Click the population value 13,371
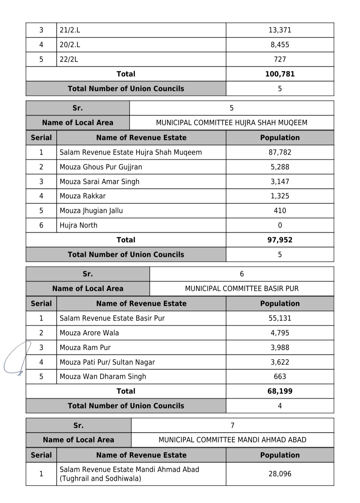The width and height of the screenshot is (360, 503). (x=280, y=30)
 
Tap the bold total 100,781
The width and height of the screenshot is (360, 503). (x=280, y=74)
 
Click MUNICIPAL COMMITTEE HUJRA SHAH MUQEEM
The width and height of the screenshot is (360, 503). (x=231, y=123)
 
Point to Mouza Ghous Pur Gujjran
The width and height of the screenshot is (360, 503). (x=101, y=167)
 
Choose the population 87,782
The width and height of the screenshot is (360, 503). (x=280, y=152)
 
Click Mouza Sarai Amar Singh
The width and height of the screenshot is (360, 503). (x=99, y=182)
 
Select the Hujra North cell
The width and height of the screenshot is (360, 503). (x=78, y=225)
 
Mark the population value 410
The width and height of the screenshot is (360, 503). (x=280, y=211)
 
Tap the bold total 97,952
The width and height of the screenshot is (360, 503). (x=280, y=240)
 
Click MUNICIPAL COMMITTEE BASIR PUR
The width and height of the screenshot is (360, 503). (x=242, y=288)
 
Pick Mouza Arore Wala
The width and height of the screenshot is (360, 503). (x=89, y=333)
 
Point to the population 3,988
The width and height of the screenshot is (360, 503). (x=280, y=347)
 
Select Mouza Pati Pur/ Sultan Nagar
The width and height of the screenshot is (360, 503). (x=107, y=362)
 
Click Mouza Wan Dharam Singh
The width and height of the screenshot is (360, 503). (x=103, y=376)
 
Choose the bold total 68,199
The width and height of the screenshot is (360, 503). (x=280, y=391)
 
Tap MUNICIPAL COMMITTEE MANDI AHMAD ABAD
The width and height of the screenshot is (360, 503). (x=232, y=440)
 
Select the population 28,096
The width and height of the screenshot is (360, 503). (x=280, y=474)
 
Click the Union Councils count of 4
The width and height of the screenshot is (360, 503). (x=280, y=406)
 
